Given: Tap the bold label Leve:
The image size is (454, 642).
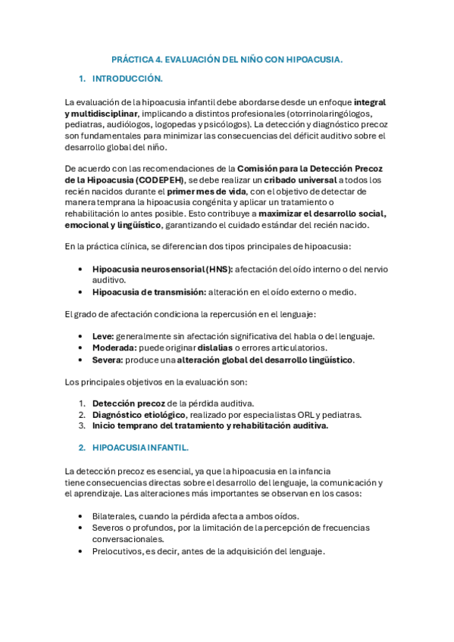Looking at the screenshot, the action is [103, 335].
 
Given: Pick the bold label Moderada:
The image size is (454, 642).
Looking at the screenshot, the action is [114, 347].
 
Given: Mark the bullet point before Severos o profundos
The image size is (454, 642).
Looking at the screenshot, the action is [81, 528].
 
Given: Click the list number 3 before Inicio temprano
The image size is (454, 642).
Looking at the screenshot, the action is [81, 425].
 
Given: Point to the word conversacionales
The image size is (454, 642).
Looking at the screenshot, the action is [127, 539].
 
